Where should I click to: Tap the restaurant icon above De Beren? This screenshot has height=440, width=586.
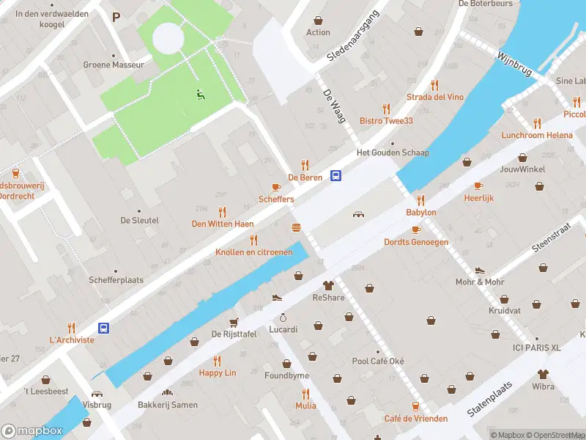305,165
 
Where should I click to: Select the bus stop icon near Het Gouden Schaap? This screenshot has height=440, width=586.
336,175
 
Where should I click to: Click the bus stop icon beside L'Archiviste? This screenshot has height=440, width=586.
104,328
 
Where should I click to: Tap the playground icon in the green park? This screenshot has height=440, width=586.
199,93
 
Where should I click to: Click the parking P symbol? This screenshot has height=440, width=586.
116,16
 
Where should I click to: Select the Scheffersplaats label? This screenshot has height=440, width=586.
116,280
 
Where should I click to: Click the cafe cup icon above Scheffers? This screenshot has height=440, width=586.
276,187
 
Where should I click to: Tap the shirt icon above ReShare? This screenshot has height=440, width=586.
328,285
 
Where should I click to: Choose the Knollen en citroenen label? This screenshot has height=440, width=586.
253,252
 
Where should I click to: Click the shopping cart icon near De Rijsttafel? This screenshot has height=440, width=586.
234,322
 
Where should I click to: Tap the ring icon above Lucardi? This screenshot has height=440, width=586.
283,318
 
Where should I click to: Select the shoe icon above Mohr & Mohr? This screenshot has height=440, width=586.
480,270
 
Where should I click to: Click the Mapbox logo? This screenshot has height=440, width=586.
31,430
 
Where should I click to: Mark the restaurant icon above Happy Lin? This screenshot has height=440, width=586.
217,360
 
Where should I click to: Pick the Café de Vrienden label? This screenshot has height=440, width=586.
415,419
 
